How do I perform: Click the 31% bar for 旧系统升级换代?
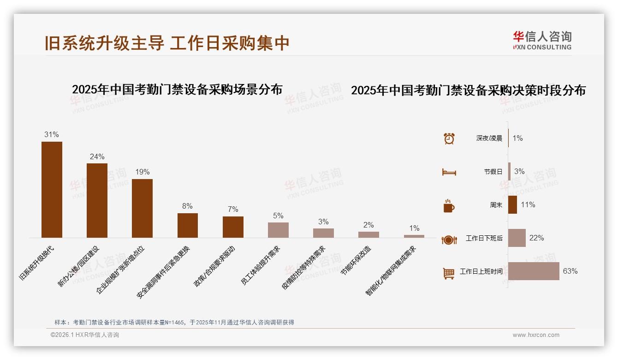(x=52, y=190)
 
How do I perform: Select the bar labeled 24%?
(x=97, y=200)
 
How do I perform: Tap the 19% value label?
(x=143, y=172)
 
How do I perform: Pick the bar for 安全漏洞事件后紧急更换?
(x=188, y=225)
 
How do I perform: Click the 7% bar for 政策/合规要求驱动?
(x=233, y=227)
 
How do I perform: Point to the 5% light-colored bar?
(x=278, y=230)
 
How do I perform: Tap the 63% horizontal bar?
(x=534, y=271)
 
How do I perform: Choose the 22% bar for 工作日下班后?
(x=517, y=238)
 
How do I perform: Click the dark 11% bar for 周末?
(x=512, y=205)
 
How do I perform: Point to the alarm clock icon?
(x=449, y=138)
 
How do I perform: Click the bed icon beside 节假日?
(x=449, y=172)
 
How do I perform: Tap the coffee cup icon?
(x=449, y=206)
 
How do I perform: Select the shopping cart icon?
(x=449, y=273)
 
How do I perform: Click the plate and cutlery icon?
(x=449, y=240)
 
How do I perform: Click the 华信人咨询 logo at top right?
(x=542, y=40)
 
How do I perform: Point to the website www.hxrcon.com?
(x=536, y=335)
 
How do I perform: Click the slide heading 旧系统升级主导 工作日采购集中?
(x=167, y=43)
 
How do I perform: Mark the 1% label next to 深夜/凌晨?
(x=517, y=138)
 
